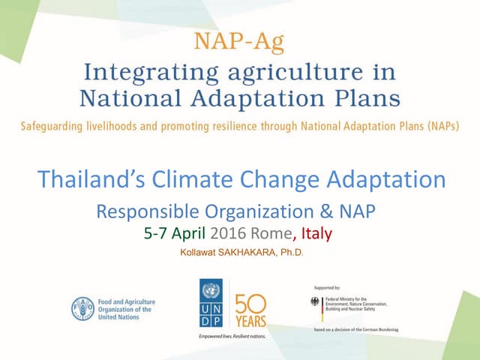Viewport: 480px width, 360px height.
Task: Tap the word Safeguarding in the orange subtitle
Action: click(55, 125)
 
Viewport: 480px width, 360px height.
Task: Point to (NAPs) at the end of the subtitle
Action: click(441, 125)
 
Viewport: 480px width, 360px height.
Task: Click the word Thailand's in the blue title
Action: click(91, 179)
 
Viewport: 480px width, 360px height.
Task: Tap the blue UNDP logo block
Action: click(211, 304)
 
